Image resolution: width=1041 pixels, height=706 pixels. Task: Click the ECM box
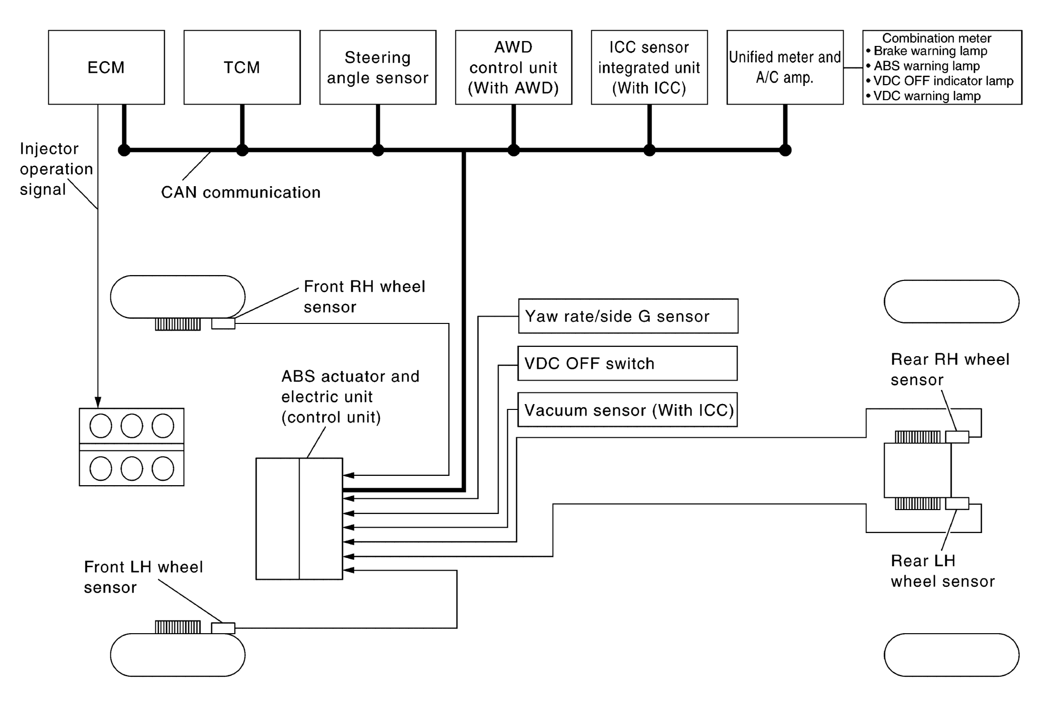tap(106, 67)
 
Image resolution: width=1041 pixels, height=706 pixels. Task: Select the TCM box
tap(242, 67)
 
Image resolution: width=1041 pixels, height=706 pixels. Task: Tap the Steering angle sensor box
tap(378, 67)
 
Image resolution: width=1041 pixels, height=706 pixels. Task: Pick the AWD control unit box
tap(513, 67)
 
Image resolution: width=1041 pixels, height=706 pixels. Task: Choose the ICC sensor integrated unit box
tap(649, 67)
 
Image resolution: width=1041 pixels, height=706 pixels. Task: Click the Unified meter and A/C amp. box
tap(785, 67)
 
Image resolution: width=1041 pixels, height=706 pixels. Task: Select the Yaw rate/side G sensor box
tap(628, 316)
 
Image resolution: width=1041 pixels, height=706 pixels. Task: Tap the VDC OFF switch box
tap(628, 364)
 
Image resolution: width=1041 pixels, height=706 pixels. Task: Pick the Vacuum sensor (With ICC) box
tap(628, 410)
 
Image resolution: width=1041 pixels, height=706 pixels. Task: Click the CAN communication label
tap(240, 193)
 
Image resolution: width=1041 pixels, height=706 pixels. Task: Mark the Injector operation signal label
tap(55, 169)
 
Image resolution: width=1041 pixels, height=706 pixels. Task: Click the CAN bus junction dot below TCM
tap(242, 150)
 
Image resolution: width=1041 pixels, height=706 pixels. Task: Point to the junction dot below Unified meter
tap(785, 150)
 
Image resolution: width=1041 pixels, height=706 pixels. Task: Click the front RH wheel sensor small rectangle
tap(223, 323)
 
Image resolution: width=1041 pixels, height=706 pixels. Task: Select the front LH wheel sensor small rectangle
tap(223, 628)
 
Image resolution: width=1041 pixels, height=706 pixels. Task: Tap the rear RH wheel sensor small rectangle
tap(957, 437)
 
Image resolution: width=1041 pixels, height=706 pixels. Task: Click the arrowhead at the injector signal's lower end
tap(98, 402)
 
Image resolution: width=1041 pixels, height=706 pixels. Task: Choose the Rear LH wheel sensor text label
tap(942, 571)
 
